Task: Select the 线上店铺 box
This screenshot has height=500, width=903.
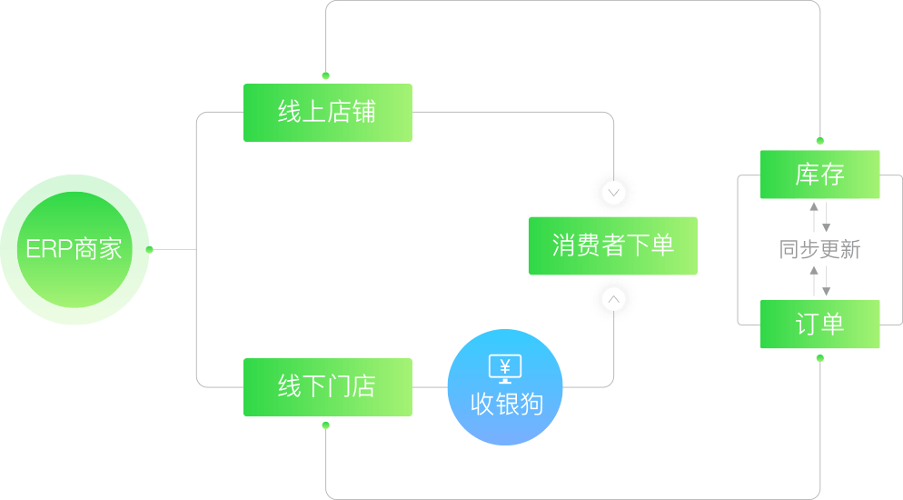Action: point(327,113)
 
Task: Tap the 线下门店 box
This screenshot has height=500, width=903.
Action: point(327,387)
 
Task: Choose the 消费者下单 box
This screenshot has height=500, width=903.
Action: point(613,245)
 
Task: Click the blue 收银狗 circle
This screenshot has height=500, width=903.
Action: point(505,387)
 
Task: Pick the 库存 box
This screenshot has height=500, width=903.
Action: point(819,175)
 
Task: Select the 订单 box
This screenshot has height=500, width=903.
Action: point(819,325)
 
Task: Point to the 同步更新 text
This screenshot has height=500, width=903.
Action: point(819,250)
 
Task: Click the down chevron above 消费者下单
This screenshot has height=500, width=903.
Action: point(614,193)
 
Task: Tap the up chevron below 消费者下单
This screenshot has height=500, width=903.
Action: point(614,299)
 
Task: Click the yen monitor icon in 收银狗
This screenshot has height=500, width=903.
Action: point(505,367)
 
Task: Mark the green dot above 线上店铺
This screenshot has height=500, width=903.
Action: point(326,76)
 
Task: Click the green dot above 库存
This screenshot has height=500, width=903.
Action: point(819,141)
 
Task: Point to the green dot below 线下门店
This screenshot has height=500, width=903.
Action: point(326,425)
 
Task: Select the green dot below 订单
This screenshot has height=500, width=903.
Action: point(819,358)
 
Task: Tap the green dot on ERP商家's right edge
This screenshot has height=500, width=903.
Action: point(150,248)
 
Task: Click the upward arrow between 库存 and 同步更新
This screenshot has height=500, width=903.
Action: point(814,216)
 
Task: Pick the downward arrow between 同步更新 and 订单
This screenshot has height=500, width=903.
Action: point(826,280)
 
